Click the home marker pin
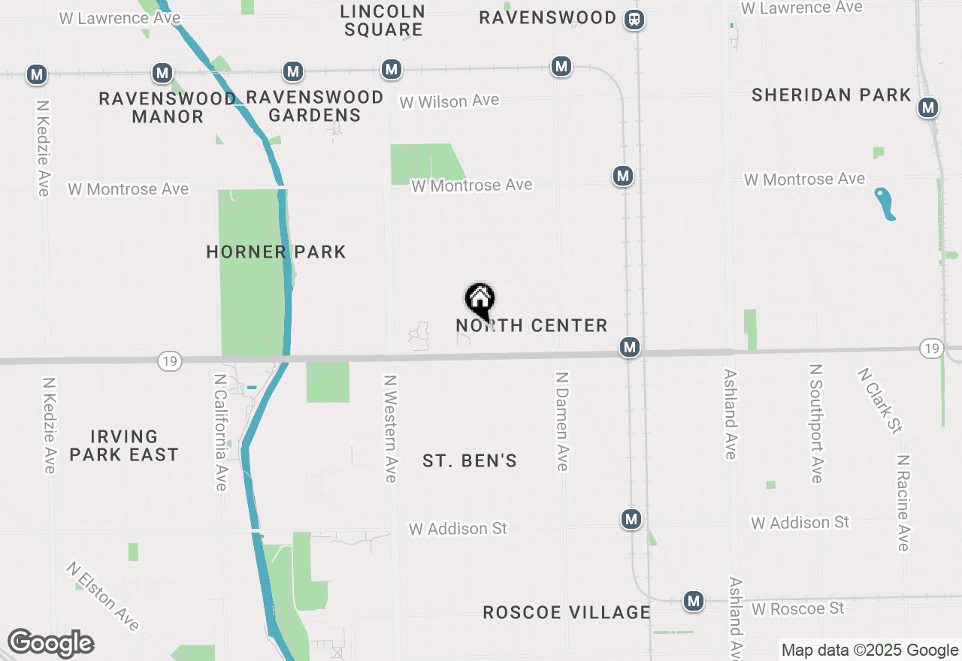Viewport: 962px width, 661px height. click(479, 300)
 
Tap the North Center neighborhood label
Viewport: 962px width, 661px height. click(531, 325)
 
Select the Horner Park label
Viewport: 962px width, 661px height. click(276, 252)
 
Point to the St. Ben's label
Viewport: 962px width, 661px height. click(470, 460)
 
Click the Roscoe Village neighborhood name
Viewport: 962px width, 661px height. click(567, 612)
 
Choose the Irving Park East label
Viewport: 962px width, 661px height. click(124, 445)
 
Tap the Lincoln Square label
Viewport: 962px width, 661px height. click(383, 20)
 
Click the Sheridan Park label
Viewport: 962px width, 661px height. click(831, 95)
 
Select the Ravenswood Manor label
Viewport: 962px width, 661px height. click(167, 107)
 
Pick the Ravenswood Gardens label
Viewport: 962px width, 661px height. click(315, 106)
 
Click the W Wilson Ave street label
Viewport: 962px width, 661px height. click(449, 101)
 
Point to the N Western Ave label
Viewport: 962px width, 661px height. click(390, 429)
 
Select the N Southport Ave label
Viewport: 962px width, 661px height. click(816, 424)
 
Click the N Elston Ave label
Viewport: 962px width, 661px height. click(102, 596)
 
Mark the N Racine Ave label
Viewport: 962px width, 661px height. click(903, 503)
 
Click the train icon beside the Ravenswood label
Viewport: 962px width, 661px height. click(634, 19)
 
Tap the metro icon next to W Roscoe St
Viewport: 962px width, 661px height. click(693, 601)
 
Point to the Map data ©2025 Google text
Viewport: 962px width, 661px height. click(870, 650)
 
